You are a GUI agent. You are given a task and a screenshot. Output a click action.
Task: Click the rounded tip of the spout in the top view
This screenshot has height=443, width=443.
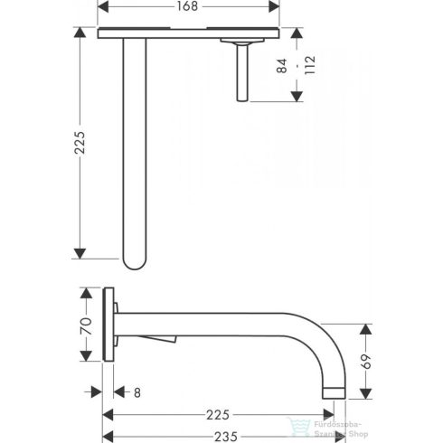click(x=135, y=261)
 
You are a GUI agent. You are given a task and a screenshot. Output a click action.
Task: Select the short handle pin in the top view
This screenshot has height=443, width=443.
click(x=242, y=72)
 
